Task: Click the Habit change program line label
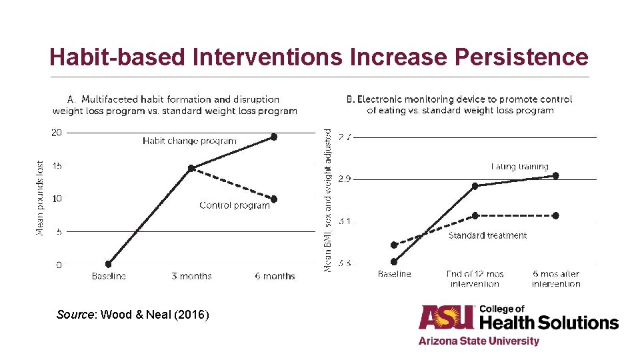pyautogui.click(x=189, y=141)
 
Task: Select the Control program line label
pyautogui.click(x=234, y=205)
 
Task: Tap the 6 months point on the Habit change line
pyautogui.click(x=273, y=137)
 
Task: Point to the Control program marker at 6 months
pyautogui.click(x=273, y=199)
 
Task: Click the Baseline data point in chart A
pyautogui.click(x=109, y=264)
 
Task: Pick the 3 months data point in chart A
pyautogui.click(x=191, y=168)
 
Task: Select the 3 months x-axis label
pyautogui.click(x=191, y=276)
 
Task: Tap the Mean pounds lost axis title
pyautogui.click(x=40, y=197)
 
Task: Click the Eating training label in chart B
pyautogui.click(x=519, y=167)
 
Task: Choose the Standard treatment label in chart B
pyautogui.click(x=487, y=235)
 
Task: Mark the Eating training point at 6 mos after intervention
pyautogui.click(x=555, y=176)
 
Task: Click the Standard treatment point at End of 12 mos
pyautogui.click(x=475, y=215)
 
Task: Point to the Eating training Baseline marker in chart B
pyautogui.click(x=394, y=262)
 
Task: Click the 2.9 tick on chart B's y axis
pyautogui.click(x=345, y=179)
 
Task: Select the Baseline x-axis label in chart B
pyautogui.click(x=394, y=274)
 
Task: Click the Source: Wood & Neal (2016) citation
pyautogui.click(x=133, y=313)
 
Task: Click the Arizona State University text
pyautogui.click(x=479, y=341)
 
